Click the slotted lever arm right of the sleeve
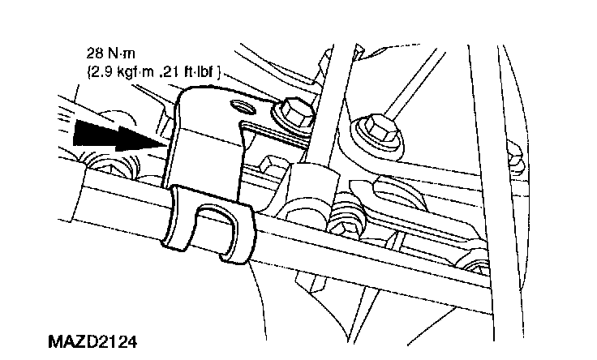tap(406, 198)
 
